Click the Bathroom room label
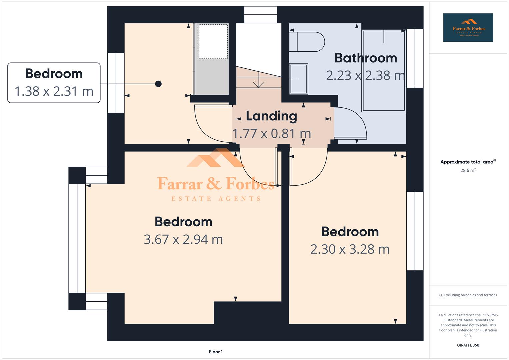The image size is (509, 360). (366, 58)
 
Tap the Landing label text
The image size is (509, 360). (271, 116)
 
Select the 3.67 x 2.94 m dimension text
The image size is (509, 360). (183, 239)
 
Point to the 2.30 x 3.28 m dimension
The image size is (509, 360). (350, 249)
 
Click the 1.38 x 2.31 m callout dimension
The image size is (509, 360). (54, 91)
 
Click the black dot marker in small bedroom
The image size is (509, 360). (158, 84)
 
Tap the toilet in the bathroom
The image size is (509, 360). (307, 42)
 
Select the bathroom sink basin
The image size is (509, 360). (298, 79)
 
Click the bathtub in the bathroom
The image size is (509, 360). (384, 71)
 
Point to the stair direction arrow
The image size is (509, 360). (259, 82)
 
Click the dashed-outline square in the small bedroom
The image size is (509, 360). (213, 42)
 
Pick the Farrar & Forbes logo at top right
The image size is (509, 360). (468, 28)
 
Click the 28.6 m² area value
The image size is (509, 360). (468, 170)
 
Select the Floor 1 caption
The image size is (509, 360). (216, 352)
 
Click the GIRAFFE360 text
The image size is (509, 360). (468, 345)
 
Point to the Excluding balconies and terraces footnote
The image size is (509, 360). (468, 295)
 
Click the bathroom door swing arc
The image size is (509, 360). (357, 117)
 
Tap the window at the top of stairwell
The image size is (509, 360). (261, 15)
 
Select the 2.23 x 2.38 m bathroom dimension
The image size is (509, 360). (365, 76)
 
